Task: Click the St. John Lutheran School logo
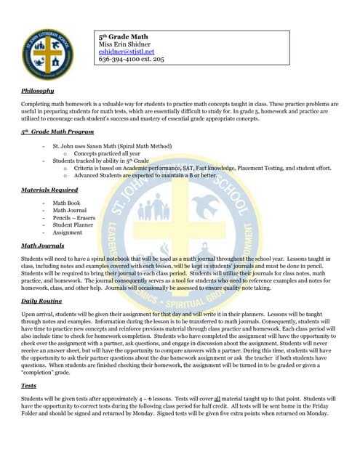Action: click(46, 55)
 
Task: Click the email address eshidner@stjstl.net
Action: click(126, 52)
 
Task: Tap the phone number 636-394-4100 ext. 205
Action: click(132, 60)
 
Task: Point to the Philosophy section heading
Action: click(38, 91)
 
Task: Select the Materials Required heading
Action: click(49, 190)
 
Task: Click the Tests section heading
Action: click(29, 386)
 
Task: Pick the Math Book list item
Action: click(66, 203)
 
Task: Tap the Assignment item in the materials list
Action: click(68, 232)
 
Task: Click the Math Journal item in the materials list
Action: click(70, 210)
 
